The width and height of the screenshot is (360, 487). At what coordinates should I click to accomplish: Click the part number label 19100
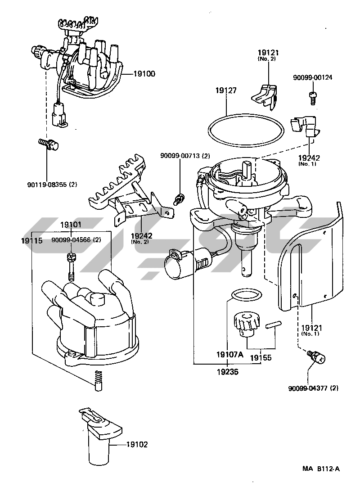[144, 74]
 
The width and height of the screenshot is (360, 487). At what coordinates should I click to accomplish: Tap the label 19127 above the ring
[226, 90]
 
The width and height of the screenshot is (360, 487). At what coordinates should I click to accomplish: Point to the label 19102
[137, 444]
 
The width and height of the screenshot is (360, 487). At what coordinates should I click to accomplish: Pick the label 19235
[227, 372]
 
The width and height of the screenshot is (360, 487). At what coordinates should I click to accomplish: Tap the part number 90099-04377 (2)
[314, 388]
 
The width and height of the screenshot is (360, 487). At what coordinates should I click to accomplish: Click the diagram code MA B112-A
[321, 469]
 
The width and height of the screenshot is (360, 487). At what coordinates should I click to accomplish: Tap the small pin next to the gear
[273, 325]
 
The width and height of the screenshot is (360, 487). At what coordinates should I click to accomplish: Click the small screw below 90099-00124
[312, 97]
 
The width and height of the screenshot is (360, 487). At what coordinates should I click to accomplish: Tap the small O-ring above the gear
[246, 294]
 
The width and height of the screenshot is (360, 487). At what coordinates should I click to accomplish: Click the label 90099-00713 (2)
[185, 156]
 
